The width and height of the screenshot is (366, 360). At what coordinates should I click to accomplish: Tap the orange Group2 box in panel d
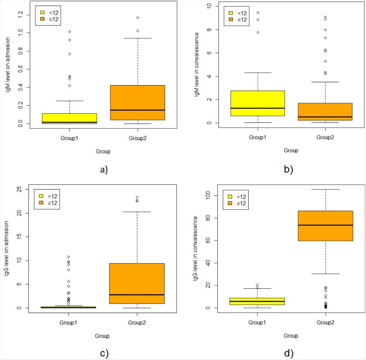[x=325, y=226]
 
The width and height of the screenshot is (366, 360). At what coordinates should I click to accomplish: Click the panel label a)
[x=104, y=170]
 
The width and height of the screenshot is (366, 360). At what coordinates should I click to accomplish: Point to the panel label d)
[x=289, y=353]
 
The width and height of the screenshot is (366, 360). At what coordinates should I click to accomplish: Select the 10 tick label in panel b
[x=209, y=6]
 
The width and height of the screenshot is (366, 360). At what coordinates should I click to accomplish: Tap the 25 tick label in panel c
[x=19, y=189]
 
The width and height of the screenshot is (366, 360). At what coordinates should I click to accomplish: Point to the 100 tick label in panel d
[x=208, y=195]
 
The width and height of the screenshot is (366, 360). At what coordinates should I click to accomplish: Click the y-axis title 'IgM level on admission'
[x=8, y=65]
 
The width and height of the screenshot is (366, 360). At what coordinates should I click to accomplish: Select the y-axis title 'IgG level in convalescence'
[x=195, y=248]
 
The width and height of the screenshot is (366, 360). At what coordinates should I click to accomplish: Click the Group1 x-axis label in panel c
[x=68, y=323]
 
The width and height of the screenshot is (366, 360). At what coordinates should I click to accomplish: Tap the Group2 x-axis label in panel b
[x=325, y=137]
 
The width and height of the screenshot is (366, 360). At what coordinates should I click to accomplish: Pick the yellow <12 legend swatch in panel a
[x=42, y=13]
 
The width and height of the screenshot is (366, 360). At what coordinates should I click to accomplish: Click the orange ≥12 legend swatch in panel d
[x=230, y=203]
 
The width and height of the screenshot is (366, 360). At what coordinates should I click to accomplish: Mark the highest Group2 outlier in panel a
[x=138, y=18]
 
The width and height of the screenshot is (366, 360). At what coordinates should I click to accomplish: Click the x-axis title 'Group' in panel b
[x=291, y=150]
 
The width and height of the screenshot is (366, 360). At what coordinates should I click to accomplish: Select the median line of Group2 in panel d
[x=325, y=225]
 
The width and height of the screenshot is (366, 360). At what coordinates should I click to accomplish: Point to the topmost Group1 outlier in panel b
[x=258, y=13]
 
